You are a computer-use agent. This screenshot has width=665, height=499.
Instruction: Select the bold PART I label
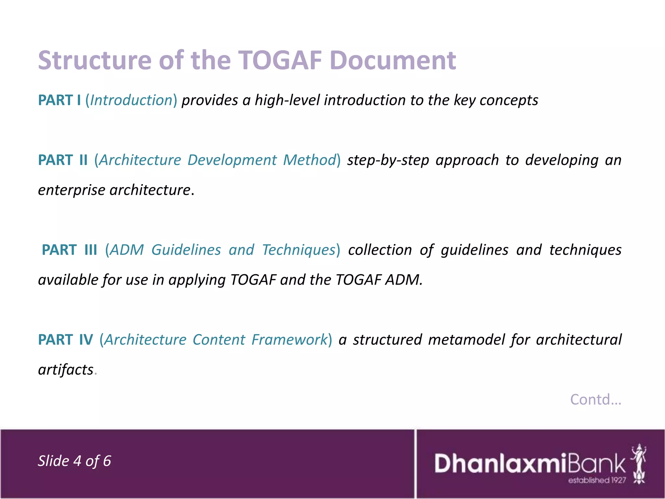59,100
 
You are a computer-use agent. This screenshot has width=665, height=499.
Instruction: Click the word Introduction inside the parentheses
131,100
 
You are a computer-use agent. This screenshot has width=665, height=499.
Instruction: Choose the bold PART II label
63,160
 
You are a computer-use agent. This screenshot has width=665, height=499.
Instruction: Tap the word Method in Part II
309,160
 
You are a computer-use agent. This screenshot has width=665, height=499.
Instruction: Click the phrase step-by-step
388,160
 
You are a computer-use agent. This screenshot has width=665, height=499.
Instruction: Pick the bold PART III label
69,250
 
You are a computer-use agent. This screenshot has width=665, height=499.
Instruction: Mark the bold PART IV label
65,339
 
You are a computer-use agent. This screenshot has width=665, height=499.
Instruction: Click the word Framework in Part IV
289,339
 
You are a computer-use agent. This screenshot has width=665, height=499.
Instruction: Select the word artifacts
66,370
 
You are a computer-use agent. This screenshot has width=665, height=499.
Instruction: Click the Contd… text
596,400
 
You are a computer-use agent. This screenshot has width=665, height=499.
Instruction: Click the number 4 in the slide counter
77,461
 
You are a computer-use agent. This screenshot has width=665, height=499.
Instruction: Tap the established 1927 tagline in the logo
597,480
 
